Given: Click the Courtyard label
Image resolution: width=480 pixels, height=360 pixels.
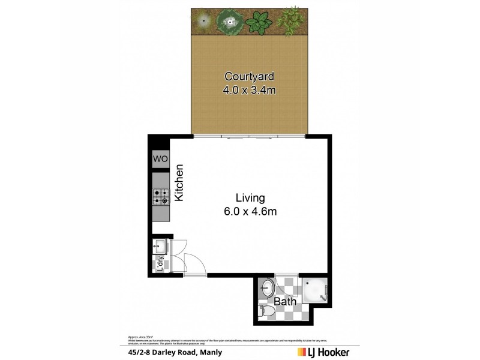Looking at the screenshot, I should pyautogui.click(x=249, y=76).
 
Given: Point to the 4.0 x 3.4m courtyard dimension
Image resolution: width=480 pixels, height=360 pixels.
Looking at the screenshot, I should pyautogui.click(x=249, y=91).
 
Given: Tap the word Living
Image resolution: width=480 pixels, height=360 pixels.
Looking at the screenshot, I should pyautogui.click(x=250, y=198).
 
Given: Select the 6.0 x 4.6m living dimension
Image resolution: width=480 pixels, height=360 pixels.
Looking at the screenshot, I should pyautogui.click(x=250, y=212).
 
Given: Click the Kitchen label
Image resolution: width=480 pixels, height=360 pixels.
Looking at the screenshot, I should pyautogui.click(x=179, y=182).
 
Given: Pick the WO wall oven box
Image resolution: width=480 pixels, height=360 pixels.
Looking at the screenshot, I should pyautogui.click(x=160, y=159).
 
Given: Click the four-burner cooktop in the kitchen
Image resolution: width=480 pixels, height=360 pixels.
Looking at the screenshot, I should pyautogui.click(x=161, y=196).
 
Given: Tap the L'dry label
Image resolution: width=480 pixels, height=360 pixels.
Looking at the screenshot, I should pyautogui.click(x=160, y=265).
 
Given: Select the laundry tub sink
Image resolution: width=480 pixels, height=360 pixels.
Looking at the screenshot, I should pyautogui.click(x=160, y=246).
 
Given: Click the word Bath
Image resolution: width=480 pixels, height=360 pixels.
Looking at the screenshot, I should pyautogui.click(x=285, y=301).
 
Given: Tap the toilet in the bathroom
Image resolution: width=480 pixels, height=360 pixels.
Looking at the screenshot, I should pyautogui.click(x=267, y=313).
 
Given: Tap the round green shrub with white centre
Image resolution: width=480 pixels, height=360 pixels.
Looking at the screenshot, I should pyautogui.click(x=229, y=22).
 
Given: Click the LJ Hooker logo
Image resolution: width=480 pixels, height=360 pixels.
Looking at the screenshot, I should pyautogui.click(x=324, y=352).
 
